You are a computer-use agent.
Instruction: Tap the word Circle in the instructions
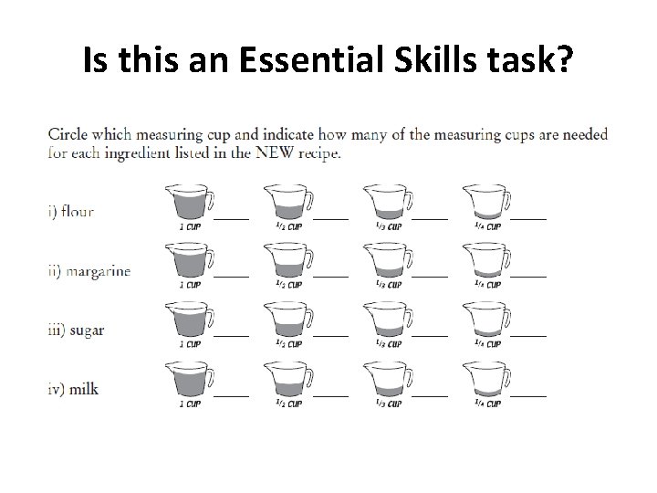tap(73, 136)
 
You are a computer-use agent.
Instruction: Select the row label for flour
tap(71, 212)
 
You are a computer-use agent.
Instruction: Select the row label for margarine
tap(88, 271)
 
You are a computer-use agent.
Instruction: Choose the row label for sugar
tap(76, 330)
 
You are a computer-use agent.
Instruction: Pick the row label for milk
tap(72, 389)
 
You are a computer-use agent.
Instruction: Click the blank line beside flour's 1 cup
tap(231, 218)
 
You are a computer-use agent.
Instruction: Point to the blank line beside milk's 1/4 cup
tap(528, 394)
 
